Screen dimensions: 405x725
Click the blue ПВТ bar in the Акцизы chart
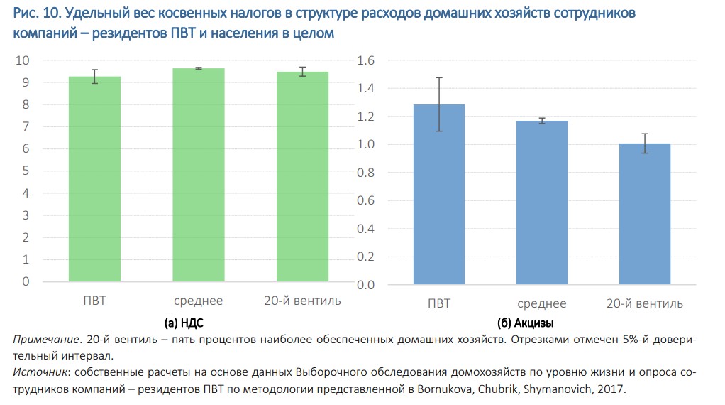(x=439, y=195)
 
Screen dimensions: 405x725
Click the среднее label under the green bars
(x=198, y=301)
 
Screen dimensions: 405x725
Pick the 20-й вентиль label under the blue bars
(x=645, y=303)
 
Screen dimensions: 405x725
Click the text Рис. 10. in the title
(x=35, y=14)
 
